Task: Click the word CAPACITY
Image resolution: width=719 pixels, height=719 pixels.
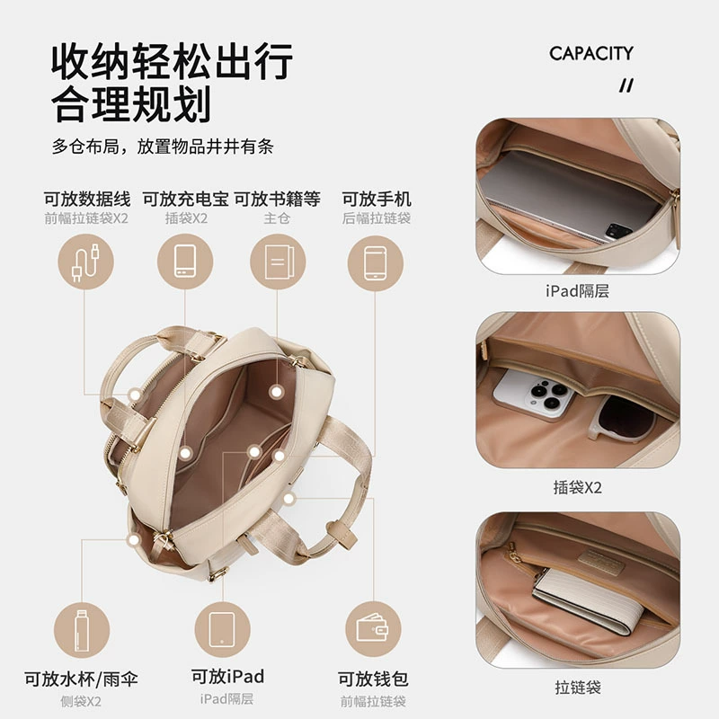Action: tap(591, 54)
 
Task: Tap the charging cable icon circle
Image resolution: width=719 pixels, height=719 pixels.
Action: tap(85, 262)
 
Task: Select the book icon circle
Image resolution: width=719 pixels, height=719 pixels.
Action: tap(278, 262)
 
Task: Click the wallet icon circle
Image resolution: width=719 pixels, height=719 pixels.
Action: tap(373, 629)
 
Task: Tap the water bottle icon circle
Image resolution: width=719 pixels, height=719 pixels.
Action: tap(82, 630)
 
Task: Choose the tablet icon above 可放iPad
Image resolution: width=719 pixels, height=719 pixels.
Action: tap(222, 629)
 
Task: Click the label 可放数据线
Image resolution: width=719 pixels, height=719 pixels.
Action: tap(87, 200)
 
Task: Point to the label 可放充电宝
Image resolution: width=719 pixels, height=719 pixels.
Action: tap(186, 200)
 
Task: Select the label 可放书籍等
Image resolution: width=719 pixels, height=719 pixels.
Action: tap(278, 200)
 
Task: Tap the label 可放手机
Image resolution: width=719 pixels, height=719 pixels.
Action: tap(377, 200)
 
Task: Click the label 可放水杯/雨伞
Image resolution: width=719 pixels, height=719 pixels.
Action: tap(81, 679)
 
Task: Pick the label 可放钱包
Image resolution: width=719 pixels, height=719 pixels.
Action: tap(373, 679)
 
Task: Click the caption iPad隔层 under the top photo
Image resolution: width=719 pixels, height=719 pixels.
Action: tap(577, 290)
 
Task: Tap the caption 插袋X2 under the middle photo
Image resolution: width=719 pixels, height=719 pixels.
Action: tap(577, 487)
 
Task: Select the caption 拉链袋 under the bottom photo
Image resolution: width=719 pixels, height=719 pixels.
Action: tap(578, 688)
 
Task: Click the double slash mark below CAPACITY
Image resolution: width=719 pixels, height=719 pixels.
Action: tap(626, 85)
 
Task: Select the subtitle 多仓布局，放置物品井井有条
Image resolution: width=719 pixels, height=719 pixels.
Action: tap(163, 146)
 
